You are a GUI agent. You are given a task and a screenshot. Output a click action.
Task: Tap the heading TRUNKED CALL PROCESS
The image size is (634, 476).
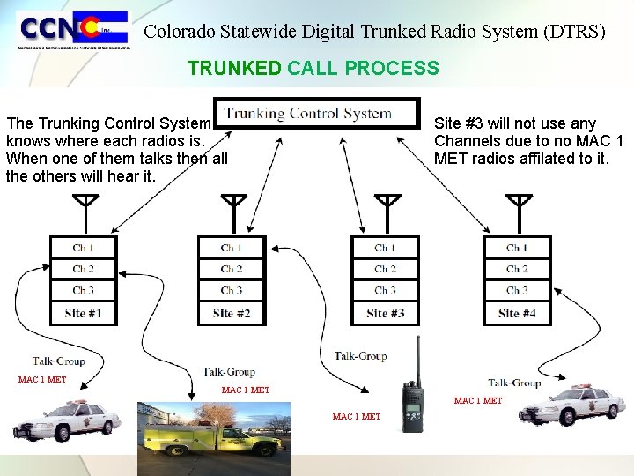pos(313,68)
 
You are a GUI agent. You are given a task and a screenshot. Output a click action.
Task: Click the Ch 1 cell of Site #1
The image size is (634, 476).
pos(83,248)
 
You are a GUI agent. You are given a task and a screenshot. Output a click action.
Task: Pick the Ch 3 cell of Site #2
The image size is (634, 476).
pos(232,291)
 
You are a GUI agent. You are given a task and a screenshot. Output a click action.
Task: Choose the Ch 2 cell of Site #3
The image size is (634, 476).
pos(385,269)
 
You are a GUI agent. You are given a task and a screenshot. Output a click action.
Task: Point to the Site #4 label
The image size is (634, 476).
pos(517,313)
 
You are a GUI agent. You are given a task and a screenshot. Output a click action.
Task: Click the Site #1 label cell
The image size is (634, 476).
pos(83,313)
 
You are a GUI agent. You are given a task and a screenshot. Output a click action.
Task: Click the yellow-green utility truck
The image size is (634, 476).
pos(214,438)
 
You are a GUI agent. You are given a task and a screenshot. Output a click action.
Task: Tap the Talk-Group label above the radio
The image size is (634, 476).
pos(360,356)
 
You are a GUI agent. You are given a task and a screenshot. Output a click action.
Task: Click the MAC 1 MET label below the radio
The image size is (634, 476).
pos(357,417)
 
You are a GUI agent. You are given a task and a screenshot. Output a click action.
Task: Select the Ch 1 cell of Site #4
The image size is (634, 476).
pos(517,248)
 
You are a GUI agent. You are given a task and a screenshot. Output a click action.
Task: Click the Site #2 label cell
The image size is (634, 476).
pos(232,313)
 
